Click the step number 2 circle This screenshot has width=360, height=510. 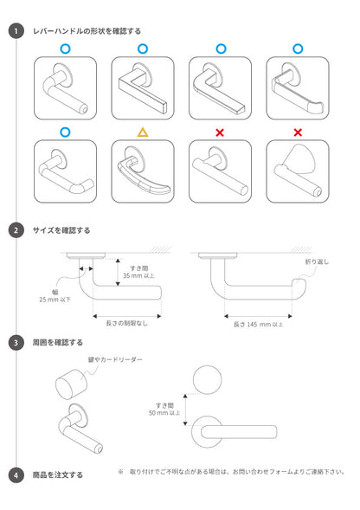[16, 230]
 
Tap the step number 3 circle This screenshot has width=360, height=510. [16, 342]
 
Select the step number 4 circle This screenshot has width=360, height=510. [16, 474]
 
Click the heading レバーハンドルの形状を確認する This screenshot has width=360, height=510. [86, 30]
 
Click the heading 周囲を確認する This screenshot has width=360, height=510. [57, 342]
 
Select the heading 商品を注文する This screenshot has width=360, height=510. [57, 474]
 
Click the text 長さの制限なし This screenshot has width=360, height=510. [125, 322]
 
